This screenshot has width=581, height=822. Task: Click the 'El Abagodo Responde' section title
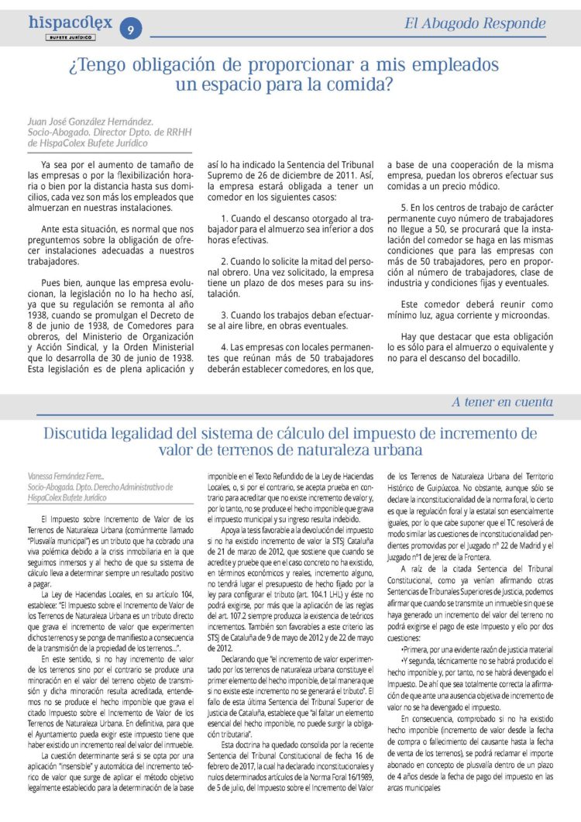pyautogui.click(x=486, y=23)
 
